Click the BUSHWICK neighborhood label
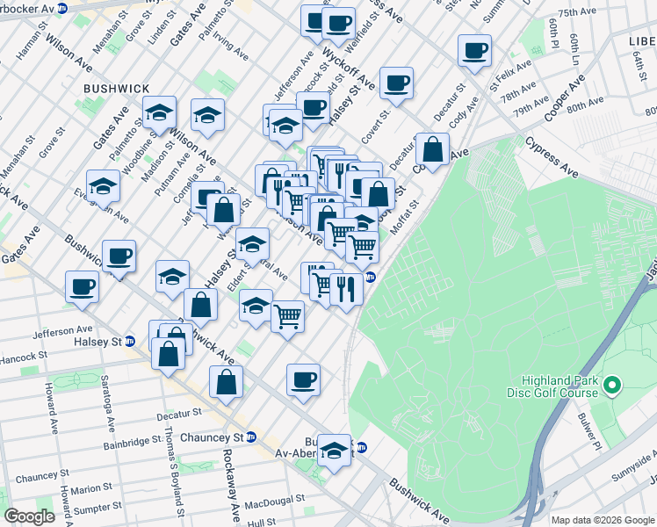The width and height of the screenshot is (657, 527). click(117, 89)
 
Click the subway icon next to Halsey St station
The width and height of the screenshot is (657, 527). click(131, 342)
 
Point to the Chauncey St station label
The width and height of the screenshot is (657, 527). click(211, 437)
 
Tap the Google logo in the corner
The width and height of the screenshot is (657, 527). click(30, 516)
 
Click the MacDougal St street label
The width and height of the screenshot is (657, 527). click(274, 498)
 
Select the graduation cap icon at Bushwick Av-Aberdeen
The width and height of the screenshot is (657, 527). click(334, 451)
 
